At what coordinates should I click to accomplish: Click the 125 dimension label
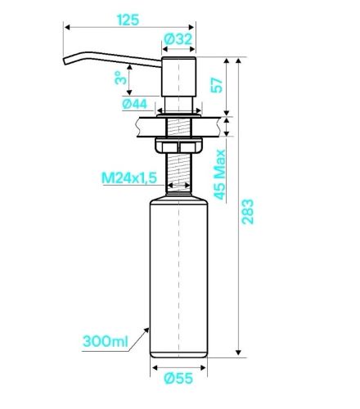[x=128, y=20]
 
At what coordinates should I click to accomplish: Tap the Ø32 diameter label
[x=178, y=39]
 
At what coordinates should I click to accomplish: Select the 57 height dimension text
[x=217, y=85]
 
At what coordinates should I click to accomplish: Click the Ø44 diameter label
[x=135, y=104]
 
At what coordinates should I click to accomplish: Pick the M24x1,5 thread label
[x=129, y=178]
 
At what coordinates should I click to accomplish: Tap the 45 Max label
[x=219, y=174]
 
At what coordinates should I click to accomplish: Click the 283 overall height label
[x=248, y=212]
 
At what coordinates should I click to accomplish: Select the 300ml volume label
[x=106, y=341]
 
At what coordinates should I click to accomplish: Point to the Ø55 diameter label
[x=178, y=378]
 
